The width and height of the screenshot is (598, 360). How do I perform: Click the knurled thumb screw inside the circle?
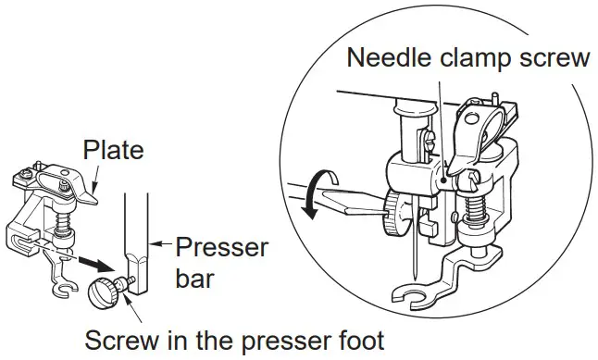coord(397,215)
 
